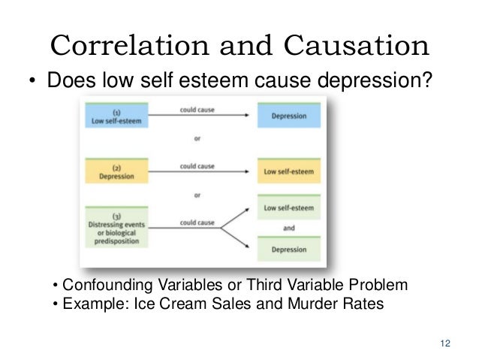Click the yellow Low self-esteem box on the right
pos(288,171)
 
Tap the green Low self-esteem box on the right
pos(288,207)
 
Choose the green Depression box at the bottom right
pos(288,249)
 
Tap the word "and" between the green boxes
pos(288,228)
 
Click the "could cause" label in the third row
pos(197,222)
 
